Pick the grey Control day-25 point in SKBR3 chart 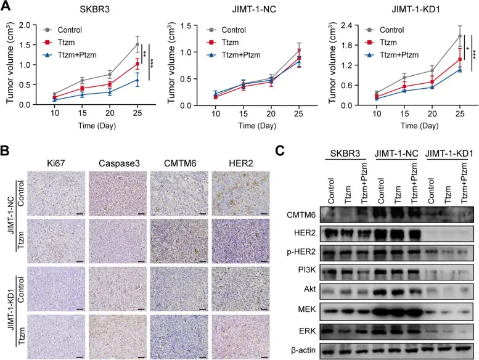click(136, 44)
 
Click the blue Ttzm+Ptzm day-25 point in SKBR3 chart click(136, 80)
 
